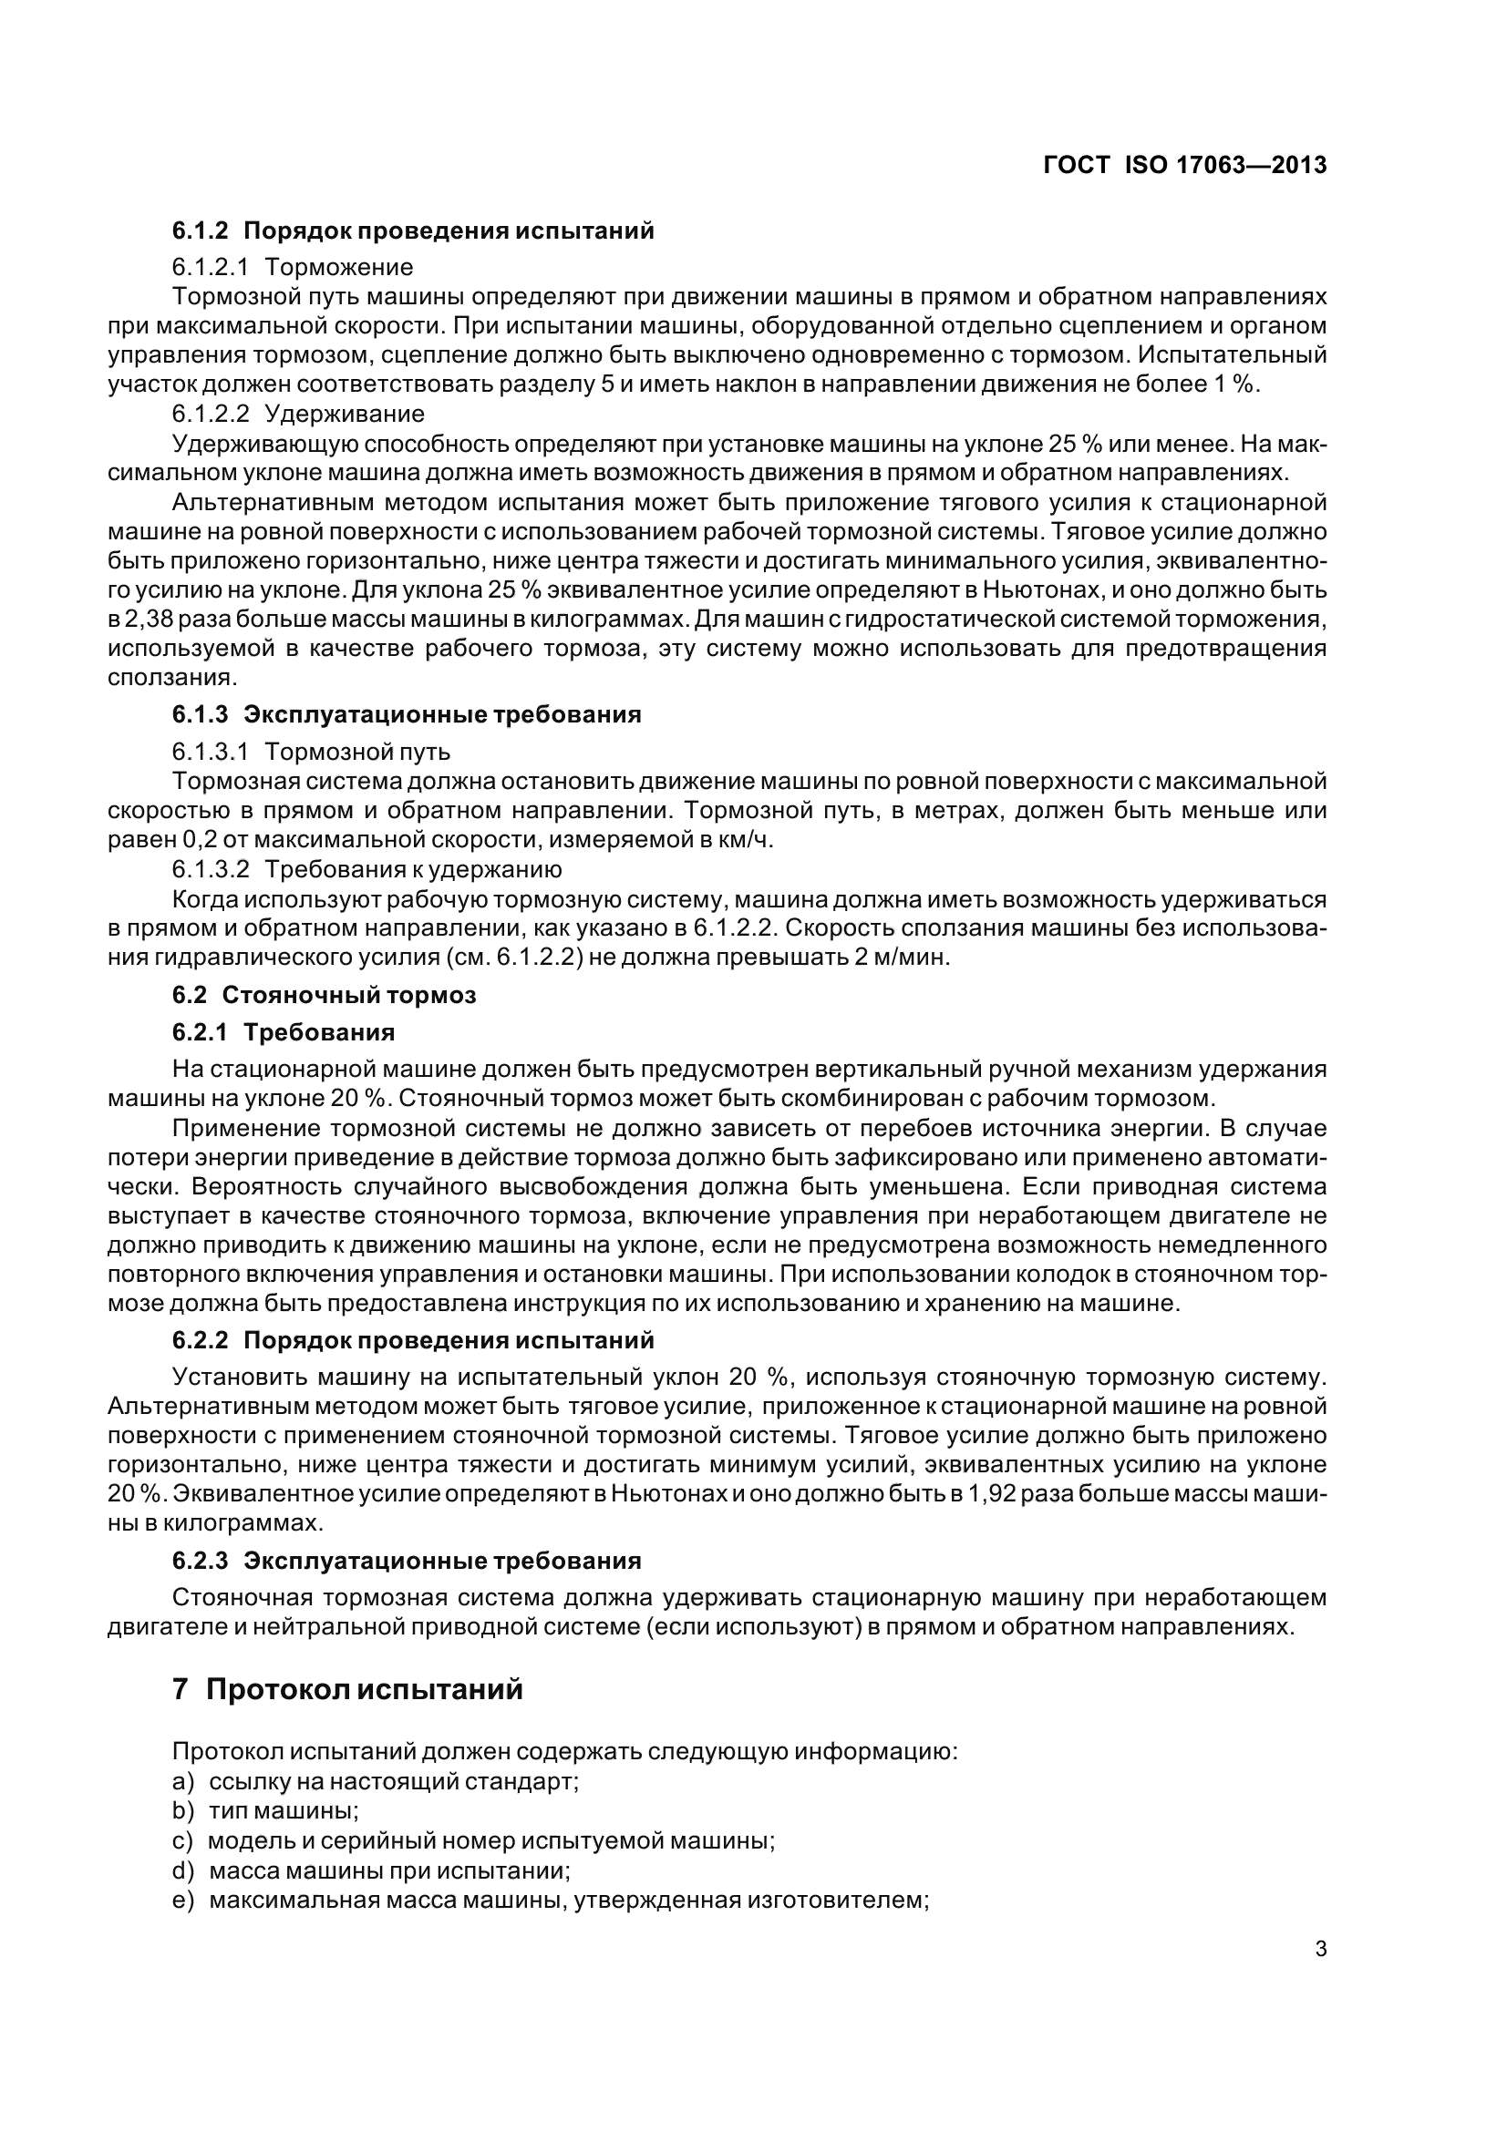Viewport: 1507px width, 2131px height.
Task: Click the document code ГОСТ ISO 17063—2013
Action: (x=1185, y=165)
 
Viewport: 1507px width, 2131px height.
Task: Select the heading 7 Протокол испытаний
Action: (x=347, y=1689)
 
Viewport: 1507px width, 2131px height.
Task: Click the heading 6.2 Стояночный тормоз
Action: (x=323, y=995)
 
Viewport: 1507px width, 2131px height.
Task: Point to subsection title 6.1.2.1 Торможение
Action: (x=292, y=267)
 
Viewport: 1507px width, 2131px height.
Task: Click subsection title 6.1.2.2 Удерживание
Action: (x=297, y=413)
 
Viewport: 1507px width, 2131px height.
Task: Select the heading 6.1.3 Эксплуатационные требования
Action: (x=406, y=713)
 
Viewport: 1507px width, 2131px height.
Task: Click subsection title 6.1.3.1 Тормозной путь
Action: (x=311, y=751)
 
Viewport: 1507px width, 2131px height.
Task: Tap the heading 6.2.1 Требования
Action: (x=284, y=1032)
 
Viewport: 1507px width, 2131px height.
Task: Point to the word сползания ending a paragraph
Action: (x=171, y=678)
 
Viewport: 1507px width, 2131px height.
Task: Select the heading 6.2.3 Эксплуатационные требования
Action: (x=406, y=1560)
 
